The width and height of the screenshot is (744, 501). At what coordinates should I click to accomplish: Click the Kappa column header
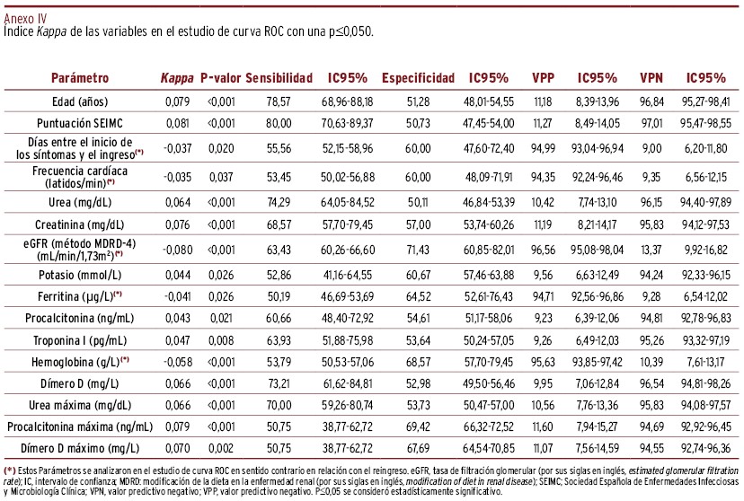177,78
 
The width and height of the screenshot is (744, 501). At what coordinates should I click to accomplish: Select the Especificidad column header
418,78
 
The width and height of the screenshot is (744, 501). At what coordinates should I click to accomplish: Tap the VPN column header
651,78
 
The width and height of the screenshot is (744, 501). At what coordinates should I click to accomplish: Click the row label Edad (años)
80,101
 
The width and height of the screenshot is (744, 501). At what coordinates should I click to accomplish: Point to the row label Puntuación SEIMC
80,123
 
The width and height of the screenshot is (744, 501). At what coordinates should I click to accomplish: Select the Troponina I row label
80,340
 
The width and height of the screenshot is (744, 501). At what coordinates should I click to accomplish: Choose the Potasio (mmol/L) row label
80,275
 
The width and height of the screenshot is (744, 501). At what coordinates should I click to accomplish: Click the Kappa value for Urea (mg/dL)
177,202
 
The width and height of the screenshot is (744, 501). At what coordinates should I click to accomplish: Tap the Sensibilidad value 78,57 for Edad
279,101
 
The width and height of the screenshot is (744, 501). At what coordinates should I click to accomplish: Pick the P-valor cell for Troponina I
221,340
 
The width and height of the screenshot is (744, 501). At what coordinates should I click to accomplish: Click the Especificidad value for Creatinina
418,224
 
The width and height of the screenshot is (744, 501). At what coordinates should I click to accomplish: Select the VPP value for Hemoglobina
543,362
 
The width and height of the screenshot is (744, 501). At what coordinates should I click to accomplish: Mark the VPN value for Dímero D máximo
651,448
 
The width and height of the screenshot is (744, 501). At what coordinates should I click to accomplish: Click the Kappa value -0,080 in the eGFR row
177,250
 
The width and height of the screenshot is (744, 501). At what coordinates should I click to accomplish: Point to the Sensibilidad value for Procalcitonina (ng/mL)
279,318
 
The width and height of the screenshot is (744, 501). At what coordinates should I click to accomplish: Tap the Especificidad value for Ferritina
418,296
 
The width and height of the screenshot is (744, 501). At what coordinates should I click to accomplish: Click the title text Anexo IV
25,19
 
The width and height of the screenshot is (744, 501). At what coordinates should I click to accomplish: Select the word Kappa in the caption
51,31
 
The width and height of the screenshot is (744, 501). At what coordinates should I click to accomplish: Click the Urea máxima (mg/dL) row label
80,405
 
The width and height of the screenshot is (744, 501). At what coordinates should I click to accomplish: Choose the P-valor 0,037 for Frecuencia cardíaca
221,177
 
